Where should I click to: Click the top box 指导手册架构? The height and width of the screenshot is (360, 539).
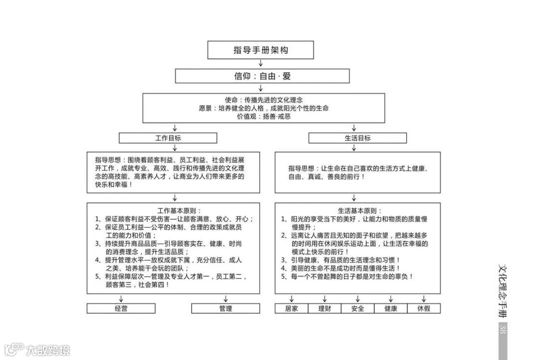(261, 50)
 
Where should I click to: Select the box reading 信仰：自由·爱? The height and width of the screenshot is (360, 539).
(262, 76)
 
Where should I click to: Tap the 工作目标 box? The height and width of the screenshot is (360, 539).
(168, 138)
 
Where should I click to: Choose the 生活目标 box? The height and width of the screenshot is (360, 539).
(357, 138)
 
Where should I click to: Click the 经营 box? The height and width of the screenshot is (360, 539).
(121, 309)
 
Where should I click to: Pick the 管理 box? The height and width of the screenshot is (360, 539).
(226, 309)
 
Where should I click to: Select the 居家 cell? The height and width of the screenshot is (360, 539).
(291, 309)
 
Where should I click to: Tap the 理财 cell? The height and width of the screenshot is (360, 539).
(324, 309)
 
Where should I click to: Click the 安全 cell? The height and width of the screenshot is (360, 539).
(358, 309)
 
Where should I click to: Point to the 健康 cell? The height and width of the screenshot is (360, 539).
(391, 309)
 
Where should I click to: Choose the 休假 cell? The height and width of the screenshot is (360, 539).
(424, 309)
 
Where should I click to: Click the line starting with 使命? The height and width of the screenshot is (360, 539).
(264, 100)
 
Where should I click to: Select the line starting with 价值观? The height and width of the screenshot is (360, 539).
(264, 116)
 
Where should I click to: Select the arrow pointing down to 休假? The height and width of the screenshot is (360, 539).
(424, 299)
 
